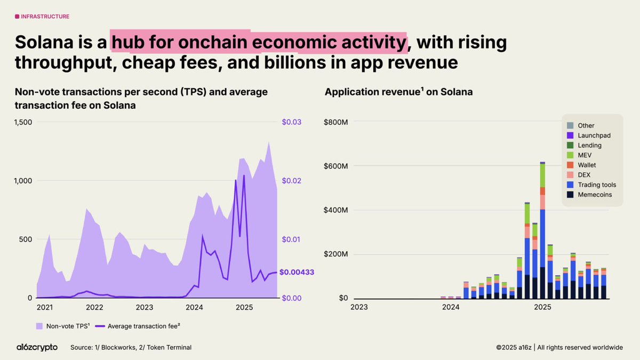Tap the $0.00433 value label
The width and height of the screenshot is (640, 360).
297,272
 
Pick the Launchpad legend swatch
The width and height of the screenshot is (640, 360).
570,135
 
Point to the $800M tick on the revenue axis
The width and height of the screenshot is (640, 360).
336,122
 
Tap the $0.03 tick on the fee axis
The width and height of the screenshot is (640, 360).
291,122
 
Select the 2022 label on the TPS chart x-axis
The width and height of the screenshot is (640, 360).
94,307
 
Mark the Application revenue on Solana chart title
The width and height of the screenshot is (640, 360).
398,92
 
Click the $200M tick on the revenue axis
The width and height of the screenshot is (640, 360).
336,254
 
